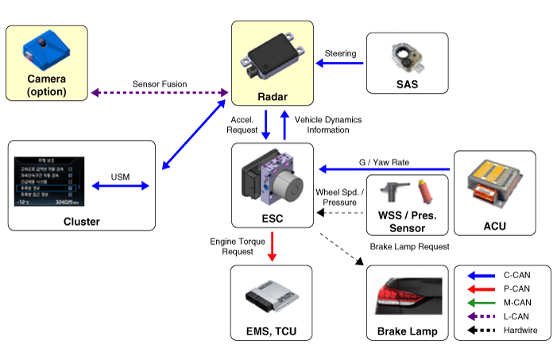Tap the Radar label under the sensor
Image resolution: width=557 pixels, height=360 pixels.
coord(273,96)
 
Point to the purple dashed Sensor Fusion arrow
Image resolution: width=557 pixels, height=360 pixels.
coord(159,93)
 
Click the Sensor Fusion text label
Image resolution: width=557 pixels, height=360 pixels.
coord(159,83)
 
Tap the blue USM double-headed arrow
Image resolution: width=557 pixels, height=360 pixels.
coord(121,186)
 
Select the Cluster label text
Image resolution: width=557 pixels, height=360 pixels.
coord(81,221)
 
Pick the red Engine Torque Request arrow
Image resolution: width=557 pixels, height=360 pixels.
coord(273,246)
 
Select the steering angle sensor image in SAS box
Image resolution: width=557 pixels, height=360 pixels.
coord(406,56)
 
